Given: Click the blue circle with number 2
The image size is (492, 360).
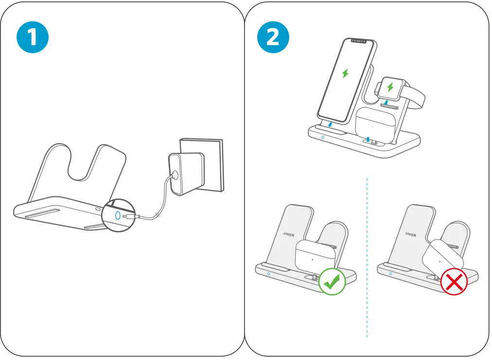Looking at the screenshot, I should point(273,37).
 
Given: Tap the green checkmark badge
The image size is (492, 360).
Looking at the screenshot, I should point(332,281).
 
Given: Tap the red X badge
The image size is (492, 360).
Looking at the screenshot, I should point(454,281).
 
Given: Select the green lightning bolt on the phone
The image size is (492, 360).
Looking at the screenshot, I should point(345,73).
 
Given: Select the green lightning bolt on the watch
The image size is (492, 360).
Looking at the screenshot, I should point(390,87).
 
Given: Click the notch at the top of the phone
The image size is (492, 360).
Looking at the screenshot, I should point(359,41).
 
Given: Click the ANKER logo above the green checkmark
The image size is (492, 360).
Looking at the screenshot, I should point(288,233).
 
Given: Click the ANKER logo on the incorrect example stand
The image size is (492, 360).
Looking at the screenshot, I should point(410,234).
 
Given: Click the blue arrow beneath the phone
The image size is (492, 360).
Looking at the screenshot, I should point(330,125).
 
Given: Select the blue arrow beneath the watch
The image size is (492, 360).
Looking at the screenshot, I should point(386,102).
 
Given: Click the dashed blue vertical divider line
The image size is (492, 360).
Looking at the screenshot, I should point(367,257).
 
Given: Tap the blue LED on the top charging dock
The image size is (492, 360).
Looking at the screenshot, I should point(323,138).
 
